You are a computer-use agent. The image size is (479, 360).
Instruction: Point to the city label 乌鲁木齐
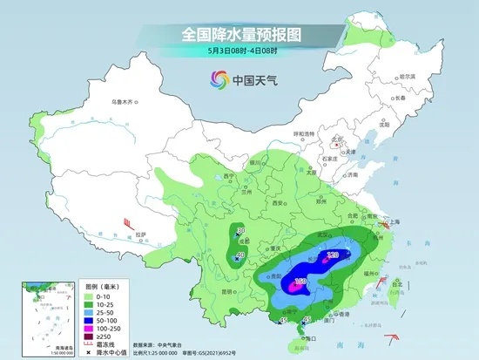[x=124, y=103]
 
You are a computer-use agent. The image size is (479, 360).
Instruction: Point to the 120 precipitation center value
[x=332, y=255]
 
